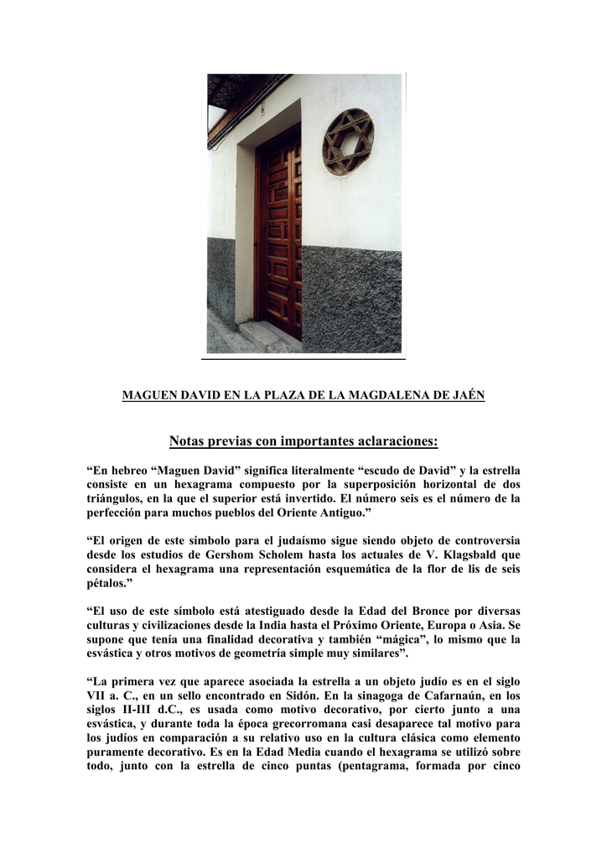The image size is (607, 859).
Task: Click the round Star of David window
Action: (348, 142)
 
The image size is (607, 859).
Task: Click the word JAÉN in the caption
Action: (467, 395)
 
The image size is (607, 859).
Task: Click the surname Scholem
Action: (314, 554)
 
